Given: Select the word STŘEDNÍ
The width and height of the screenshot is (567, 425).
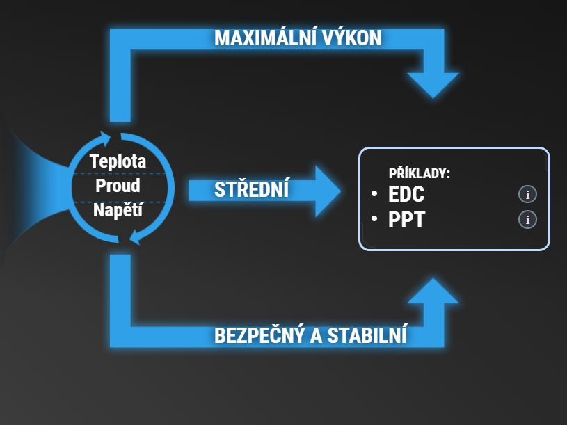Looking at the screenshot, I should pyautogui.click(x=251, y=190).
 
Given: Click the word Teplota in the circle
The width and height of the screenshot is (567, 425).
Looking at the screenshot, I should pyautogui.click(x=118, y=162).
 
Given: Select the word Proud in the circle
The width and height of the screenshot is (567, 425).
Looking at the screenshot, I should pyautogui.click(x=118, y=186).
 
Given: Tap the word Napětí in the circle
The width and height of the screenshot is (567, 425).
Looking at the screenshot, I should pyautogui.click(x=118, y=209).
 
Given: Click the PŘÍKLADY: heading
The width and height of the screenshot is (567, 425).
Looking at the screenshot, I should pyautogui.click(x=420, y=173).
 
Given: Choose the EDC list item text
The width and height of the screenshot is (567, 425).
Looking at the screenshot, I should pyautogui.click(x=406, y=195).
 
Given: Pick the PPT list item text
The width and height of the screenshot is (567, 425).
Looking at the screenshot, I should pyautogui.click(x=406, y=220).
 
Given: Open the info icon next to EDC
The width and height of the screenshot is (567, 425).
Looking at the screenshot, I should pyautogui.click(x=528, y=195).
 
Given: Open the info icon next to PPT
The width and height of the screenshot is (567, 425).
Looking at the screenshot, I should pyautogui.click(x=528, y=220).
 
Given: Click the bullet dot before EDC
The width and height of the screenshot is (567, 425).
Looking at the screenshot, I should pyautogui.click(x=374, y=194).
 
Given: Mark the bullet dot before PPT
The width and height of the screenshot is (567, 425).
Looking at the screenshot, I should pyautogui.click(x=374, y=219).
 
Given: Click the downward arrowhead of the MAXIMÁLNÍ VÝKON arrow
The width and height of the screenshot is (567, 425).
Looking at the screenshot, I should pyautogui.click(x=433, y=83).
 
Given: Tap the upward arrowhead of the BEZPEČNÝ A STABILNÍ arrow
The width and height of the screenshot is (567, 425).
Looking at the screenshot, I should pyautogui.click(x=433, y=292).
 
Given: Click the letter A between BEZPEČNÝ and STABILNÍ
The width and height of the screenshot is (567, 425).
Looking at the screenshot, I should pyautogui.click(x=316, y=335).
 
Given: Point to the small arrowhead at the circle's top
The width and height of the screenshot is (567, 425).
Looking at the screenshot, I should pyautogui.click(x=106, y=136).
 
